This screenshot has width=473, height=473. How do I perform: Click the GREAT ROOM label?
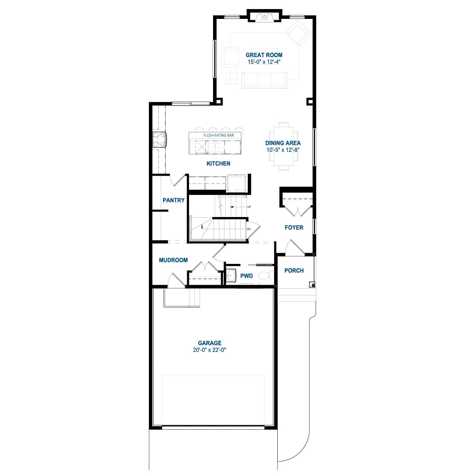264,55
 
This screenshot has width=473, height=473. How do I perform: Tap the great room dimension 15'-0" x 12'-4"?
264,62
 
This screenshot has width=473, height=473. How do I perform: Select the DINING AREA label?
283,143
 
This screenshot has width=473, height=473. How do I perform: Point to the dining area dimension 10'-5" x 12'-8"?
283,150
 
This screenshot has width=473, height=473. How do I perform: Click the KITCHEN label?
218,163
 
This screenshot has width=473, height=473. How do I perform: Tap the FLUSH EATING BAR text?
219,135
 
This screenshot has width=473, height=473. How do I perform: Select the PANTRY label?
173,200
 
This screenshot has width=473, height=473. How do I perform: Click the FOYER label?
294,228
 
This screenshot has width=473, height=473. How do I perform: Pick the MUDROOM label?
173,260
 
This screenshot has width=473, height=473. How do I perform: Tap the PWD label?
247,276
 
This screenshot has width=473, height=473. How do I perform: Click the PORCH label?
294,271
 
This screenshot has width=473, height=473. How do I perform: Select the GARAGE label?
210,343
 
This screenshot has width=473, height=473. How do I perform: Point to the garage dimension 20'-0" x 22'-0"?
210,350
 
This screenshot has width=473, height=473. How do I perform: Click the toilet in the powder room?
267,276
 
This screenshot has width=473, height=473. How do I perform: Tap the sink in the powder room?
231,276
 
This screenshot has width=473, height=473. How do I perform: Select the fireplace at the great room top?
264,17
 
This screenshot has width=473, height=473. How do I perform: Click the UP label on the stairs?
249,207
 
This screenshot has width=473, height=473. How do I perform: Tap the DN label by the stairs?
249,229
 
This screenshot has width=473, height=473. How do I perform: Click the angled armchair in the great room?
299,33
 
